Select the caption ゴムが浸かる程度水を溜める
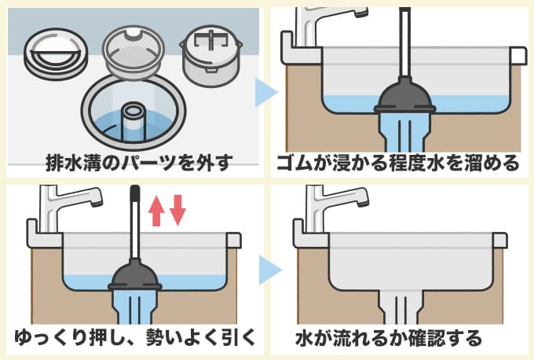(x=398, y=163)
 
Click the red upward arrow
(x=156, y=209)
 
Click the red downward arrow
(x=177, y=209)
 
